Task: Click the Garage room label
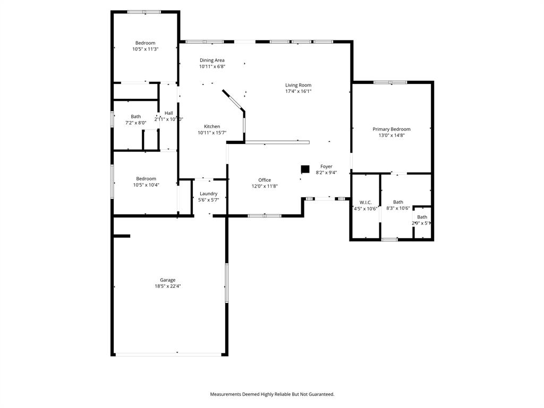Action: (x=168, y=280)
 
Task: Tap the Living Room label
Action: (x=298, y=85)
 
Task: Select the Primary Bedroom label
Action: (x=392, y=129)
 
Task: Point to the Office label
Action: (x=265, y=180)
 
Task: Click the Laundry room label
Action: (x=208, y=194)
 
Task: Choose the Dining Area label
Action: (x=212, y=60)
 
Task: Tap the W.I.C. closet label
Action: (x=365, y=202)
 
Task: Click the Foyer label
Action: (x=326, y=166)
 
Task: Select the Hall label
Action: (x=168, y=113)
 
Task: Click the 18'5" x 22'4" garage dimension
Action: (x=168, y=286)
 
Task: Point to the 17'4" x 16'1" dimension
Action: (x=298, y=91)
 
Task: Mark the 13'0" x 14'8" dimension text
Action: (x=392, y=135)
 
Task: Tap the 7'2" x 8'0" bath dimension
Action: (x=135, y=123)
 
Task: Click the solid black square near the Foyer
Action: (x=305, y=169)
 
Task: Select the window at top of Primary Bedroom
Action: (x=390, y=82)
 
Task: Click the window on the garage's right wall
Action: (x=226, y=283)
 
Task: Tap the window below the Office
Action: (x=265, y=216)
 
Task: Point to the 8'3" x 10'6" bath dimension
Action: (x=398, y=208)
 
